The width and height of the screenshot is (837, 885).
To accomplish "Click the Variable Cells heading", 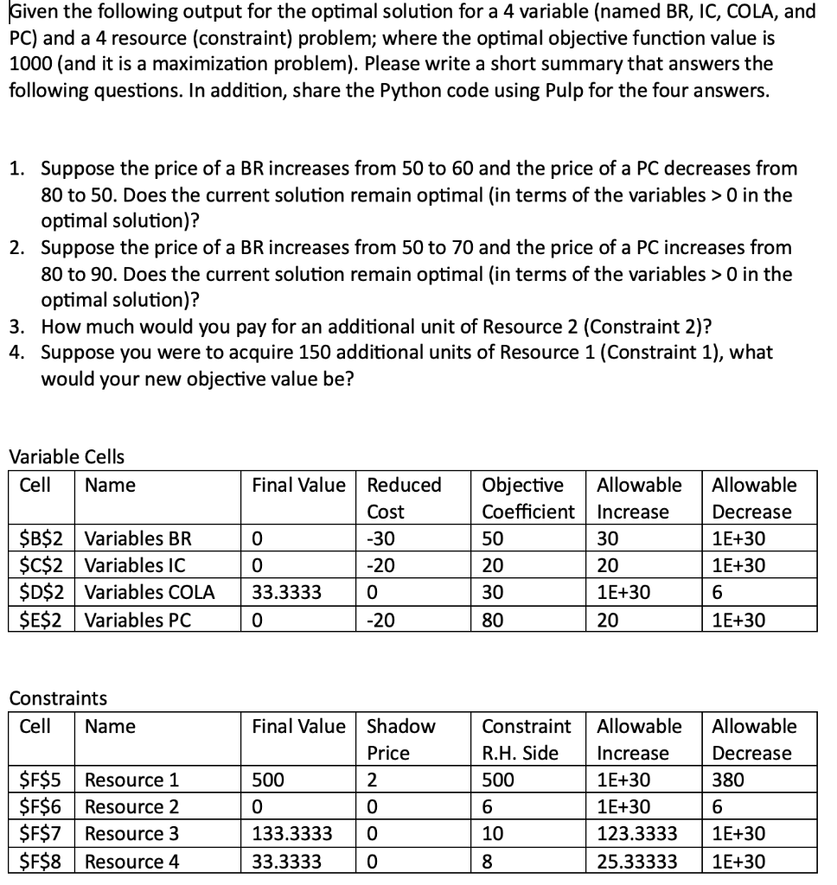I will [x=67, y=456].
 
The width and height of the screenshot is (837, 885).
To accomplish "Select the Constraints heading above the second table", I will [x=58, y=697].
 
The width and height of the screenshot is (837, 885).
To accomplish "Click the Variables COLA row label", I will [x=150, y=593].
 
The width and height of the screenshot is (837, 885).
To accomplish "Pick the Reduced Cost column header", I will [x=404, y=498].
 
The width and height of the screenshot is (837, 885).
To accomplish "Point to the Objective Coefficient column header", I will [x=527, y=498].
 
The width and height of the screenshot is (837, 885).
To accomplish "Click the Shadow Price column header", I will [x=401, y=739].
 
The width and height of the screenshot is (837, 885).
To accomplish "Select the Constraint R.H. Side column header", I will [x=526, y=739].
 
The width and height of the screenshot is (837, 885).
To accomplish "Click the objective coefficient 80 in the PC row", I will [x=491, y=620].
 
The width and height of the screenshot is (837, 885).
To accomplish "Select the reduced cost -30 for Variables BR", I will [x=381, y=538].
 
